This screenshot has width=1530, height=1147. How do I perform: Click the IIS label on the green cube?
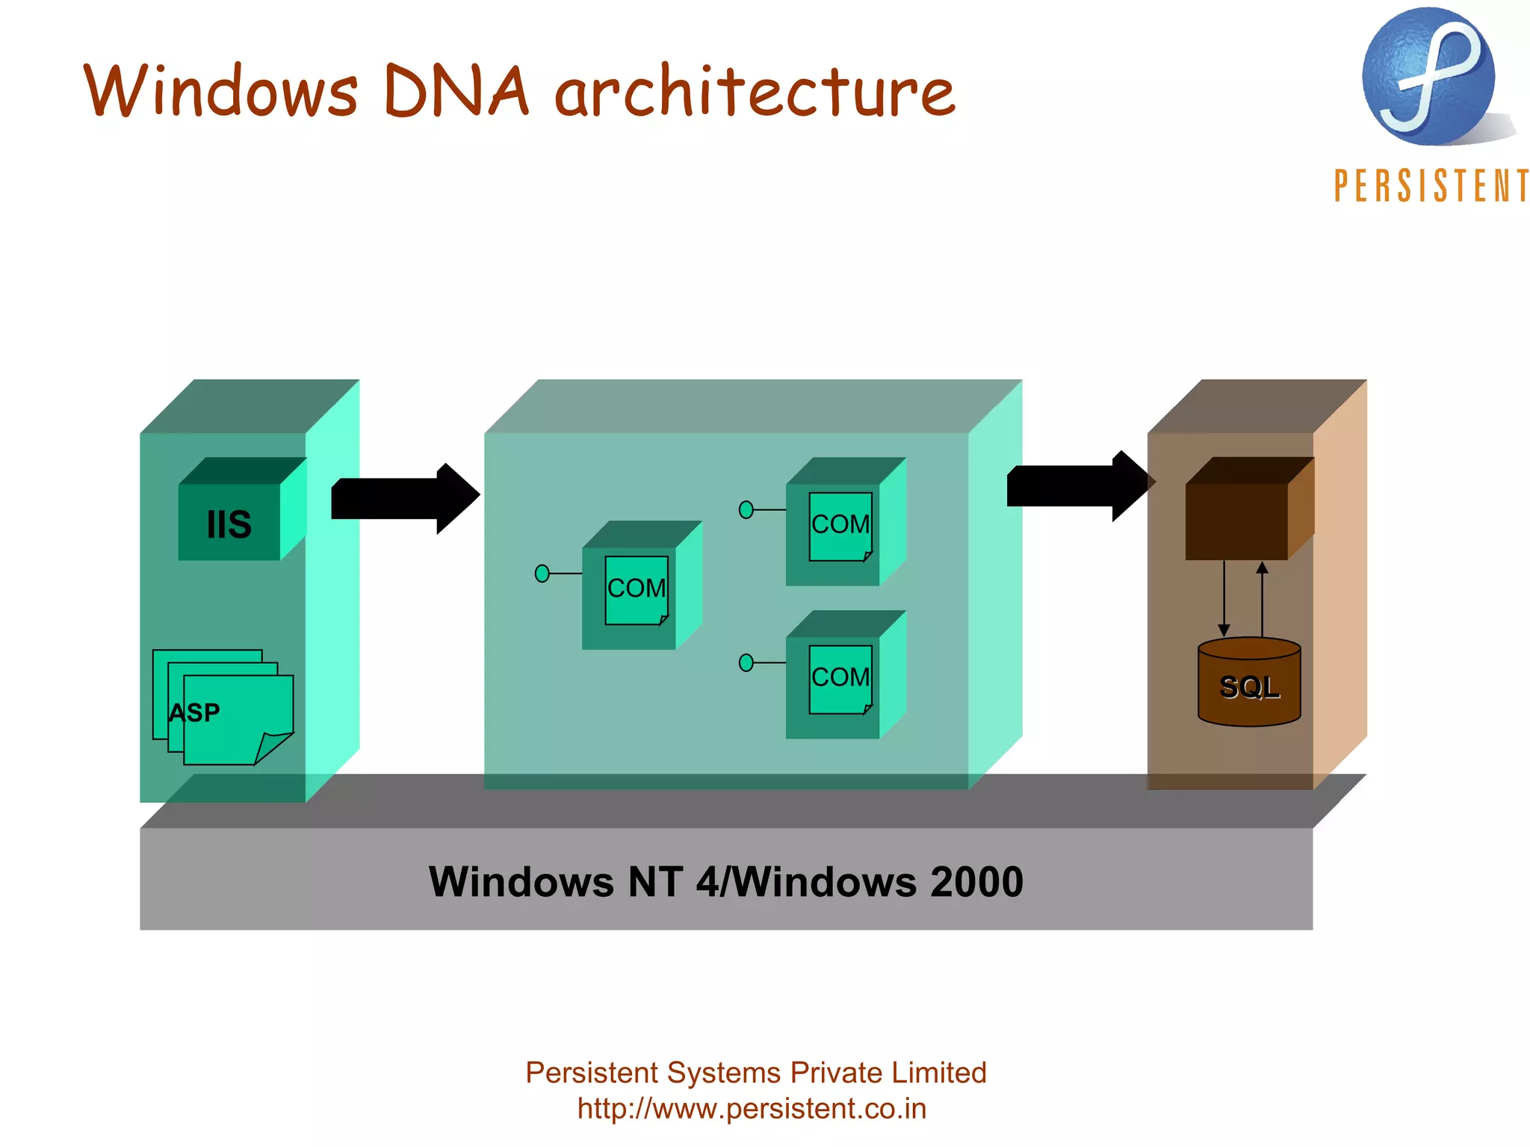click(x=229, y=524)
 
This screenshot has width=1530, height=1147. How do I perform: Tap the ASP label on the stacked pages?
click(x=194, y=712)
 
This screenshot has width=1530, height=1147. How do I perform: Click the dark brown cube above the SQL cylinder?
click(x=1236, y=521)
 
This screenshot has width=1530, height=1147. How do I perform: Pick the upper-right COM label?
click(x=840, y=524)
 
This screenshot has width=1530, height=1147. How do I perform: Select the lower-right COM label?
click(x=840, y=677)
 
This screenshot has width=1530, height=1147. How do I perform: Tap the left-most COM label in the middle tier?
click(x=637, y=588)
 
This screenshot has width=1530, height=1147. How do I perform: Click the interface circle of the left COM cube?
click(x=542, y=573)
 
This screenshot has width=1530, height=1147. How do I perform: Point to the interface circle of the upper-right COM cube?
click(x=746, y=510)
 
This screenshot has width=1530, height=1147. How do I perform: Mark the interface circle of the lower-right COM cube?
click(x=746, y=662)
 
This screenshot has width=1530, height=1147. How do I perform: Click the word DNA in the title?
click(x=456, y=91)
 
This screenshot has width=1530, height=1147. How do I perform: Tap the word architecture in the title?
click(x=755, y=91)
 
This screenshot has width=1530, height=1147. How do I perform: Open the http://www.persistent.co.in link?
click(x=752, y=1109)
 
